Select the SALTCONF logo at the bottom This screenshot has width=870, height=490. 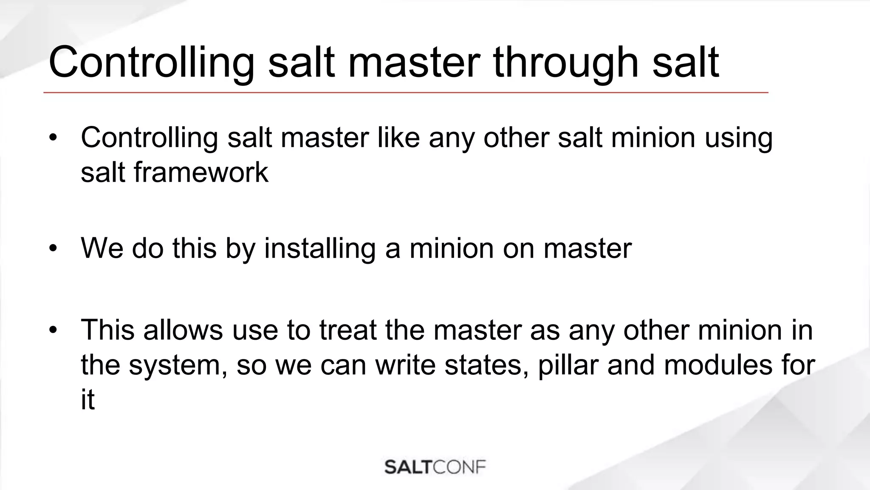tap(435, 467)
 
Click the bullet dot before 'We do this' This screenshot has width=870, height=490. tap(53, 248)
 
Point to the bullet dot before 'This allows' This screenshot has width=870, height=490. tap(53, 330)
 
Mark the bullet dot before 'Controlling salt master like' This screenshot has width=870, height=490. tap(53, 138)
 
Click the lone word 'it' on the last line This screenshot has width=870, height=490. tap(88, 400)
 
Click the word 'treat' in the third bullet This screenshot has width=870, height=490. tap(348, 330)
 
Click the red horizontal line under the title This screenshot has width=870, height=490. tap(406, 92)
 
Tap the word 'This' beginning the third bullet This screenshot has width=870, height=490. tap(109, 330)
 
